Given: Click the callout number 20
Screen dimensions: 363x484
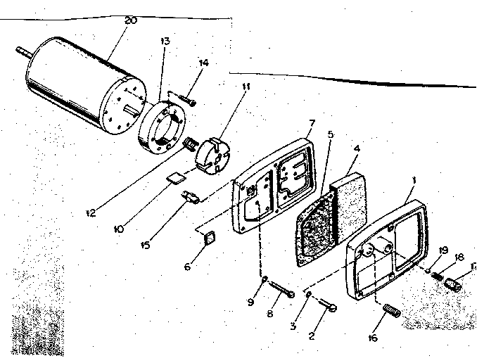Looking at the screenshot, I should tap(130, 20).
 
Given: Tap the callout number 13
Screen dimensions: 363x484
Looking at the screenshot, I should tap(165, 42).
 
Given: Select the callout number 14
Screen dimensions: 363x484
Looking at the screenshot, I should tap(203, 63).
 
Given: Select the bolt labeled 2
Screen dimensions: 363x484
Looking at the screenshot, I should tap(329, 305).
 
